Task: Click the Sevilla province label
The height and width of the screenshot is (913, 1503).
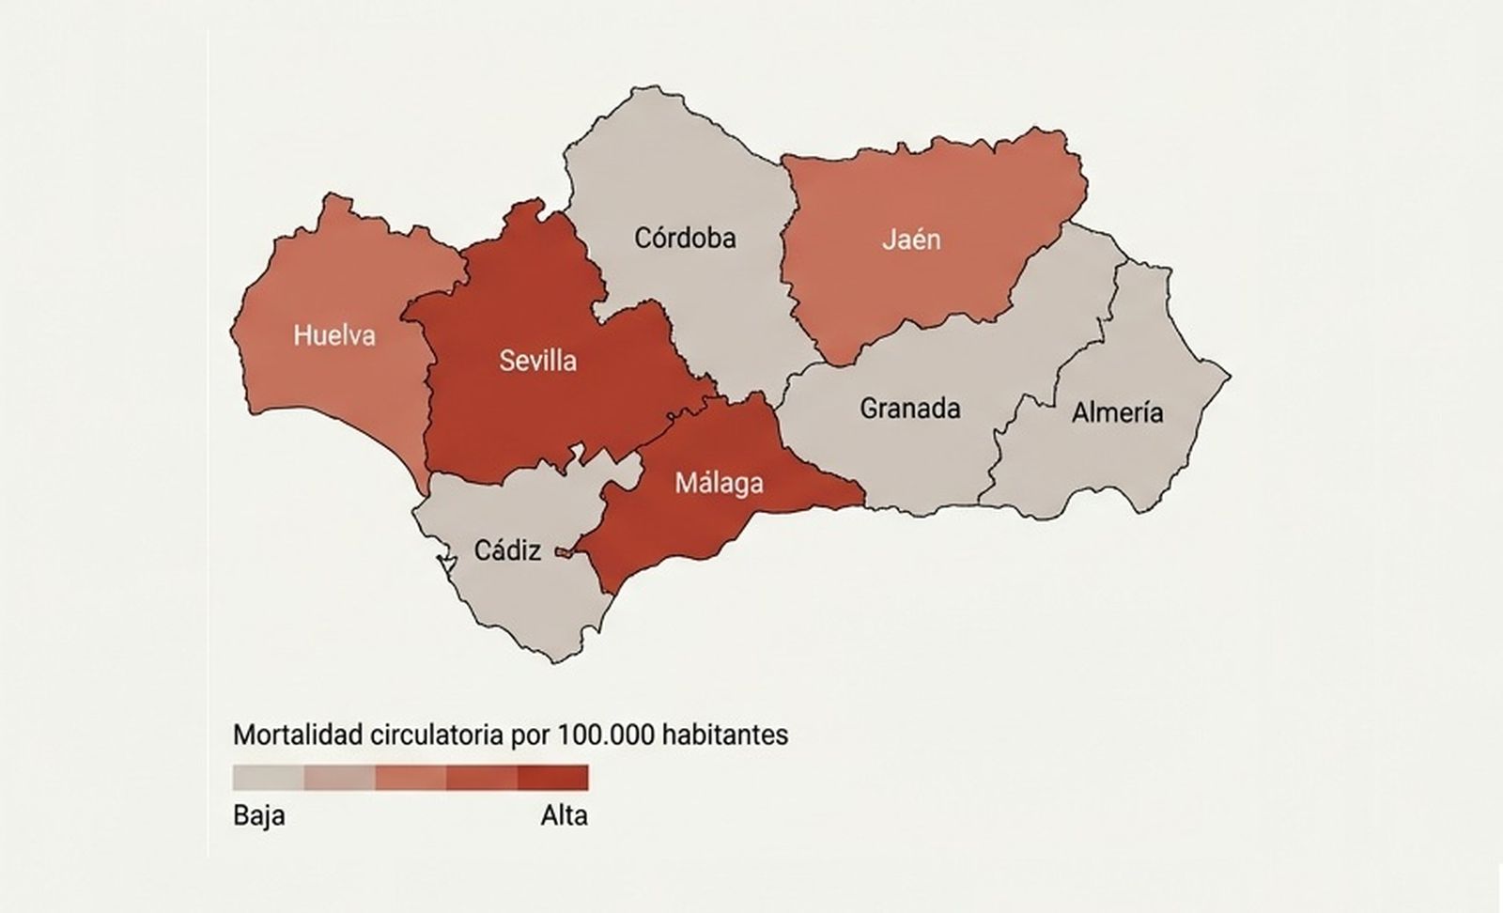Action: [x=537, y=361]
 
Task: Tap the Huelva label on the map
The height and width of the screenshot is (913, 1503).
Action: [x=333, y=335]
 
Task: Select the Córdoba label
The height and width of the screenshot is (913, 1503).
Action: [x=685, y=238]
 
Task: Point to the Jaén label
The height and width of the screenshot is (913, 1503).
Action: [x=911, y=240]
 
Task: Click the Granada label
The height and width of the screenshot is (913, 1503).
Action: [x=909, y=409]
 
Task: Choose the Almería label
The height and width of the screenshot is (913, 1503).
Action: [x=1117, y=412]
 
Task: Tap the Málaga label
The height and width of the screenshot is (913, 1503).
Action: [x=719, y=484]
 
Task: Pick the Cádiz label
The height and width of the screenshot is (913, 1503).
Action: [x=507, y=550]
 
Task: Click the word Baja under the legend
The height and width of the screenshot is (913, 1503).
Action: [x=258, y=814]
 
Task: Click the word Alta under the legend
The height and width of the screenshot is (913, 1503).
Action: [x=564, y=814]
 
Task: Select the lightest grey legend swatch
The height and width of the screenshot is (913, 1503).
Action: [x=269, y=778]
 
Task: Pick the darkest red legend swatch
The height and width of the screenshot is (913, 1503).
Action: [x=552, y=778]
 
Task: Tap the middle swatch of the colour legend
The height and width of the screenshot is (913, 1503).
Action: [x=411, y=778]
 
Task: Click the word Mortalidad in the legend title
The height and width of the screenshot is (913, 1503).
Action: [x=297, y=734]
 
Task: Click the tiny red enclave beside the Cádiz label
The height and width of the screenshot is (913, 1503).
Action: [x=563, y=553]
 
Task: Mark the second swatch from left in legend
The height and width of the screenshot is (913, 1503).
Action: [x=339, y=778]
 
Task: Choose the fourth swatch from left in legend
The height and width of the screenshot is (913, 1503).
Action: [x=482, y=778]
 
